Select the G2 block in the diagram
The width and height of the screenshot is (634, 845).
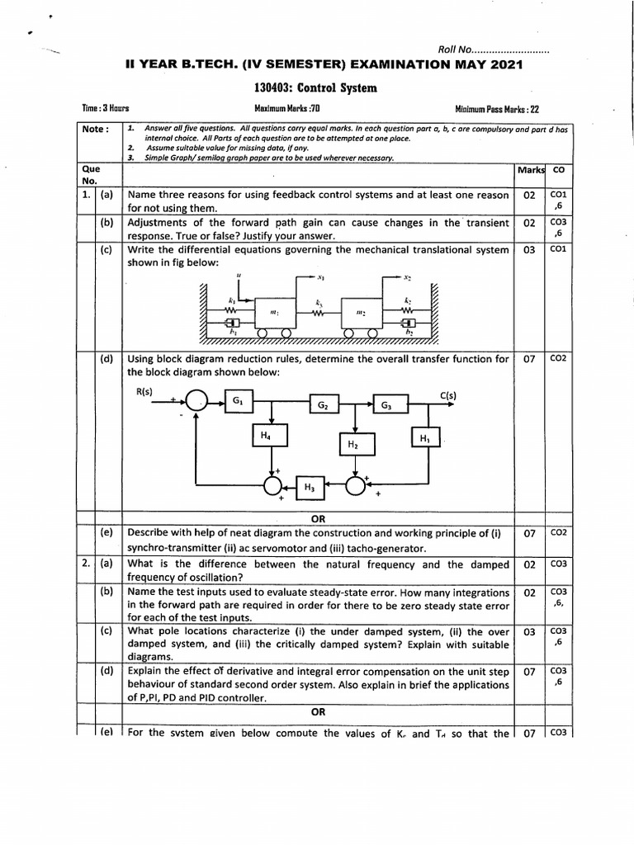324,405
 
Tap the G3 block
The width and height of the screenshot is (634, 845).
387,405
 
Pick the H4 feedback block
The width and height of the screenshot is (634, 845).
265,435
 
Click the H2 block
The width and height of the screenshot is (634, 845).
352,444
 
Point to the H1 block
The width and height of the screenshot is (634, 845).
425,438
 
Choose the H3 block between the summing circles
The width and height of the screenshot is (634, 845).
310,488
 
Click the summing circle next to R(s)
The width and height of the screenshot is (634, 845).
196,401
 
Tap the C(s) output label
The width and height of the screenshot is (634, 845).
448,395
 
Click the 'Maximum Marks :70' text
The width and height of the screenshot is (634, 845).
286,109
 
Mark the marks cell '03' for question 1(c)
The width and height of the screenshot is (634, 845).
529,249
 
